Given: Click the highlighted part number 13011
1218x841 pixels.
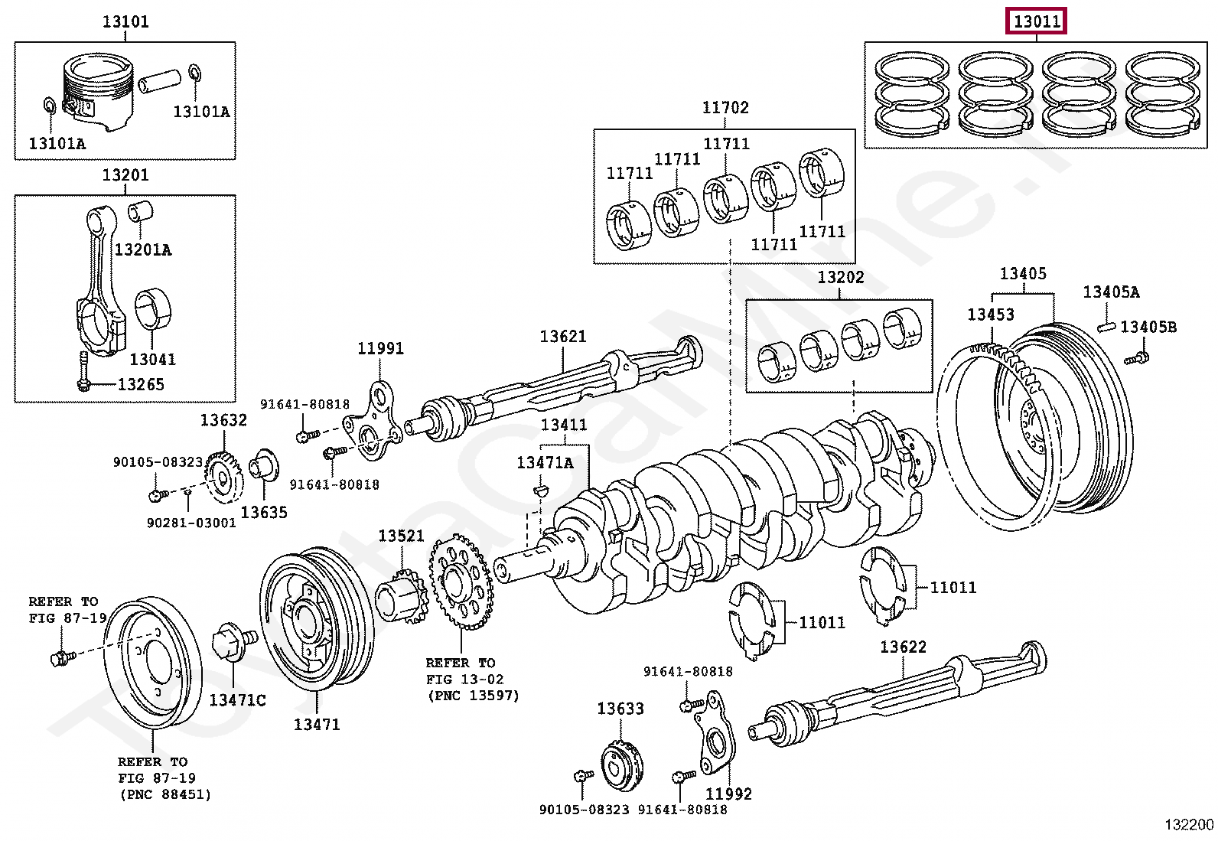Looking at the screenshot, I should click(1036, 21).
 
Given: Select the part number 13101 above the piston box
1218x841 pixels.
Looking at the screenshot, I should click(125, 21).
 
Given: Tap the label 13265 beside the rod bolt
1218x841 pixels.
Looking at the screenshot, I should click(141, 384).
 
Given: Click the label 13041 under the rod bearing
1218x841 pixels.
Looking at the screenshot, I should click(152, 359).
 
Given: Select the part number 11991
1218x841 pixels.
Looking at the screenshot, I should click(380, 349).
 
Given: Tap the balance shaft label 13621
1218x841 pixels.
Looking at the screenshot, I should click(562, 337).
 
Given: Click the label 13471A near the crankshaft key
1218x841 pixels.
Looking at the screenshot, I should click(545, 462).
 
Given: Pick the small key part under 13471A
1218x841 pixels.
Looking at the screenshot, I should click(540, 489).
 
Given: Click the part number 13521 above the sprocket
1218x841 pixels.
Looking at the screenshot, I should click(401, 536).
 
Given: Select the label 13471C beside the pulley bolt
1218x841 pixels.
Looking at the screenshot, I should click(237, 700).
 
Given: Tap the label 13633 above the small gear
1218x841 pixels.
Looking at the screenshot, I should click(620, 709).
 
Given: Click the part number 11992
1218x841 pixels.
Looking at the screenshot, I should click(728, 794).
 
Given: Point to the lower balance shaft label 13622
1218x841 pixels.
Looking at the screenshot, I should click(903, 647).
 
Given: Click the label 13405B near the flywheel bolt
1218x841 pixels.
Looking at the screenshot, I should click(1148, 328).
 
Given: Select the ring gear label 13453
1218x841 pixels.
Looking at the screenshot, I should click(991, 315).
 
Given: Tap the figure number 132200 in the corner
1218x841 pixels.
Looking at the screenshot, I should click(1189, 824).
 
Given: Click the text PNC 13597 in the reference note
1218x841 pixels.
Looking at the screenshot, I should click(473, 696).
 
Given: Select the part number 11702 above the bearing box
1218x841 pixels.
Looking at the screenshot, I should click(725, 108).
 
